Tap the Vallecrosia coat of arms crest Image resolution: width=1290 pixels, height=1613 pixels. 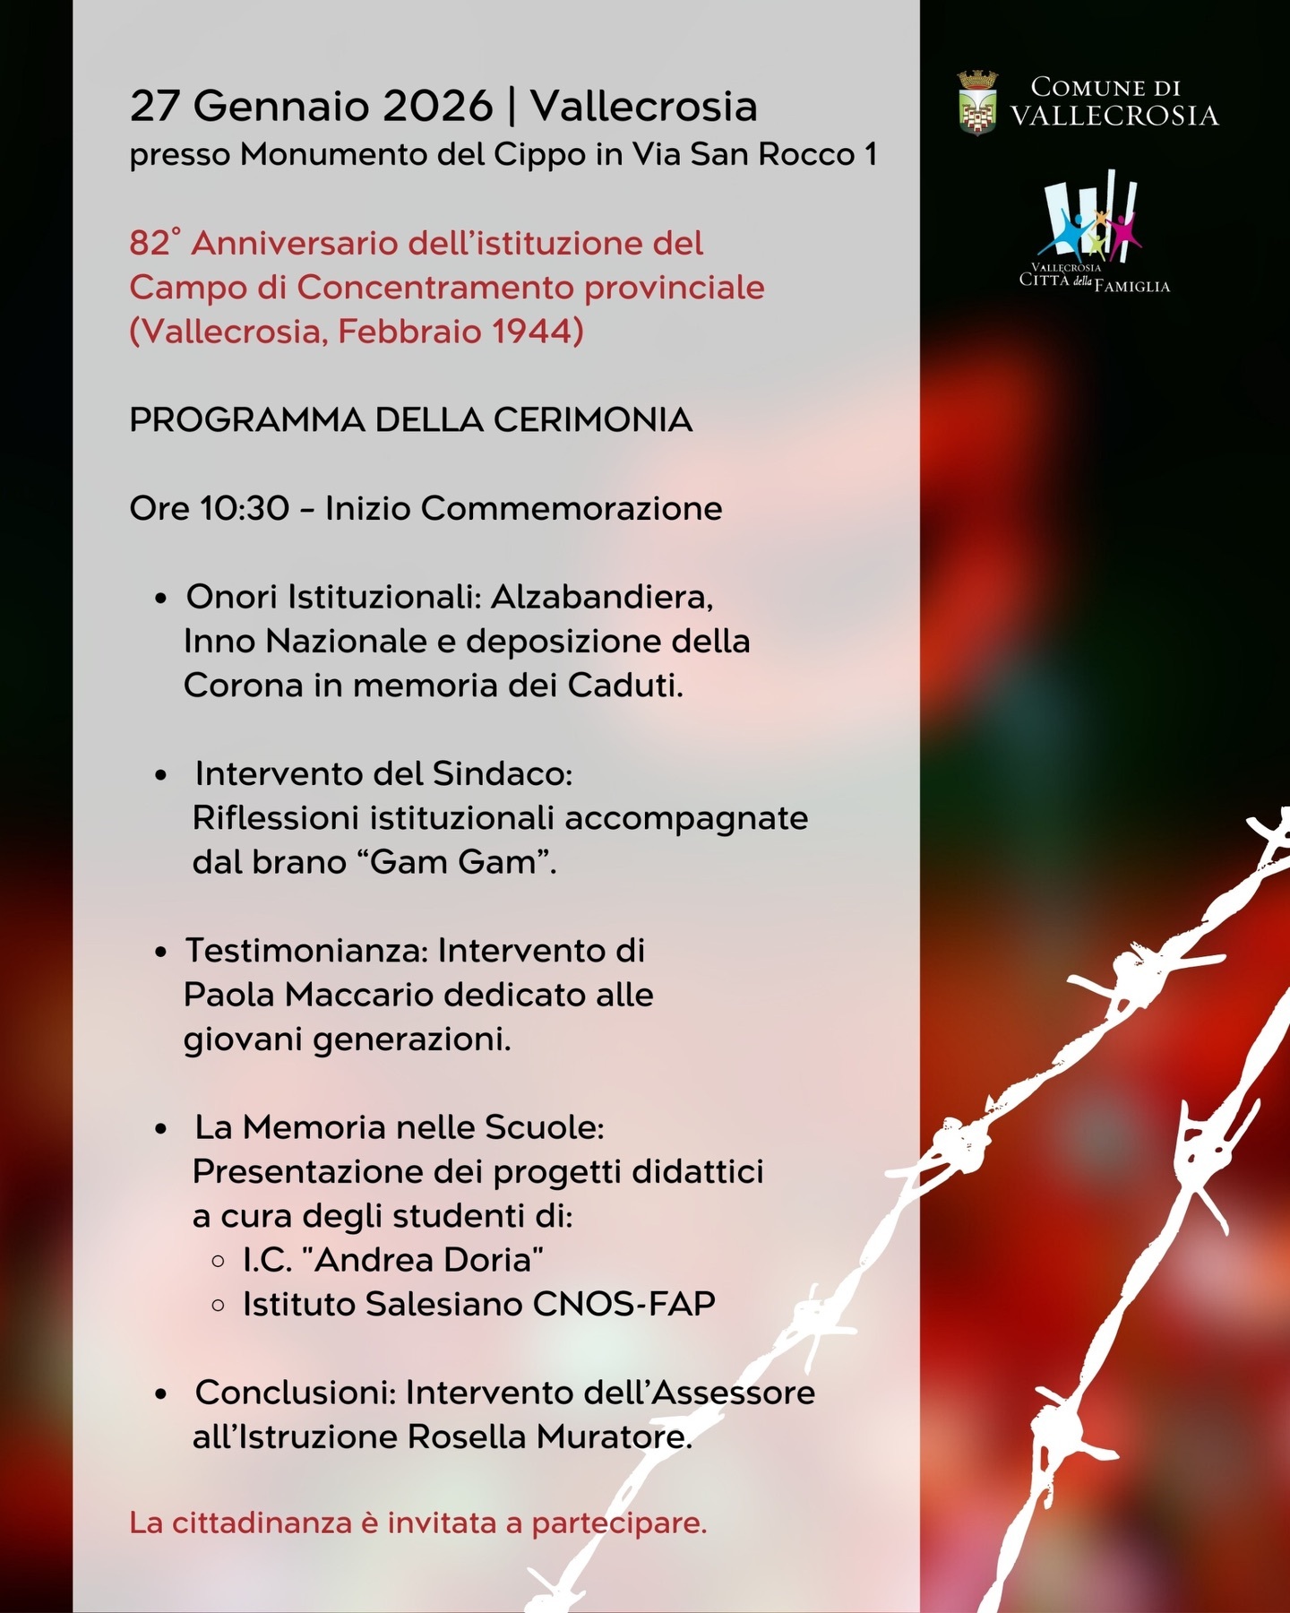(x=977, y=103)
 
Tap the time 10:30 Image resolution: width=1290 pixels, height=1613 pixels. (x=245, y=509)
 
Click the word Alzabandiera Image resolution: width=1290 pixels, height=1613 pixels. (x=601, y=597)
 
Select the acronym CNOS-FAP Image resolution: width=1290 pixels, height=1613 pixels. (x=624, y=1304)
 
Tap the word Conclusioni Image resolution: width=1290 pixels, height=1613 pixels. (x=296, y=1393)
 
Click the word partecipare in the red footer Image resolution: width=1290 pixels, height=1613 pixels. (x=619, y=1522)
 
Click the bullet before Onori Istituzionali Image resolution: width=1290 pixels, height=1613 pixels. (x=161, y=598)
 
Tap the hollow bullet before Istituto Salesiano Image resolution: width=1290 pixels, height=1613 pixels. (x=218, y=1305)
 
